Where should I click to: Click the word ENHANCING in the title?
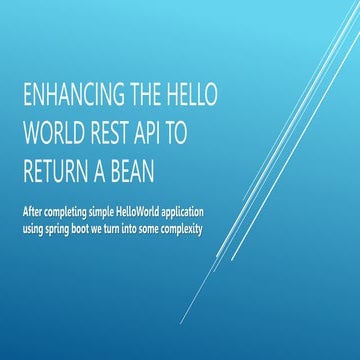click(68, 96)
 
